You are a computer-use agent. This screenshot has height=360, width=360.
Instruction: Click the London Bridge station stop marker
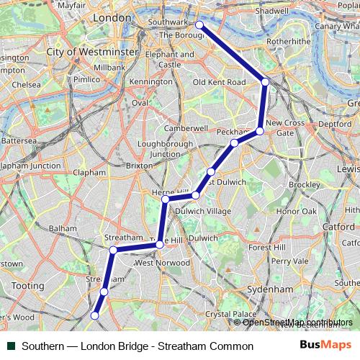(x=199, y=25)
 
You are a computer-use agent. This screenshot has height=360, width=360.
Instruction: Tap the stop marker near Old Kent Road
(x=265, y=82)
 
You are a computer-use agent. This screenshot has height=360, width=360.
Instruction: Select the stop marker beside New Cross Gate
(x=259, y=131)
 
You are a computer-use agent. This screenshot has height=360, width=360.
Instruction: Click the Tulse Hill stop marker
(x=160, y=245)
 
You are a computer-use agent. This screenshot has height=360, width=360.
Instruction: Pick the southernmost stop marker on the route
(x=94, y=315)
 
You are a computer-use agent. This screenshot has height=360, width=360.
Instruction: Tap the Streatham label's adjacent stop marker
(x=113, y=251)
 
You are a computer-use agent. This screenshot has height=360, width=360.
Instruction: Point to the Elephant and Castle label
(x=169, y=59)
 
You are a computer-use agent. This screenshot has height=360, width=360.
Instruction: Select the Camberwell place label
(x=186, y=128)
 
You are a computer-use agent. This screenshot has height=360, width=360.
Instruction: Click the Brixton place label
(x=140, y=165)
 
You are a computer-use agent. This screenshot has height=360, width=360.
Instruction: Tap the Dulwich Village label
(x=203, y=211)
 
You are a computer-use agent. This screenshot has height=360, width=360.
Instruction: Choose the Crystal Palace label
(x=230, y=314)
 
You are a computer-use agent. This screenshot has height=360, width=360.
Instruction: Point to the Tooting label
(x=28, y=286)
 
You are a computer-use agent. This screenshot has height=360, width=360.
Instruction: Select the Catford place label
(x=338, y=226)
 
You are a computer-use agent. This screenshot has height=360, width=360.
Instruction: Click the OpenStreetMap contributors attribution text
(x=297, y=322)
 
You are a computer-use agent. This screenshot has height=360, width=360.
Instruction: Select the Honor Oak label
(x=297, y=212)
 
